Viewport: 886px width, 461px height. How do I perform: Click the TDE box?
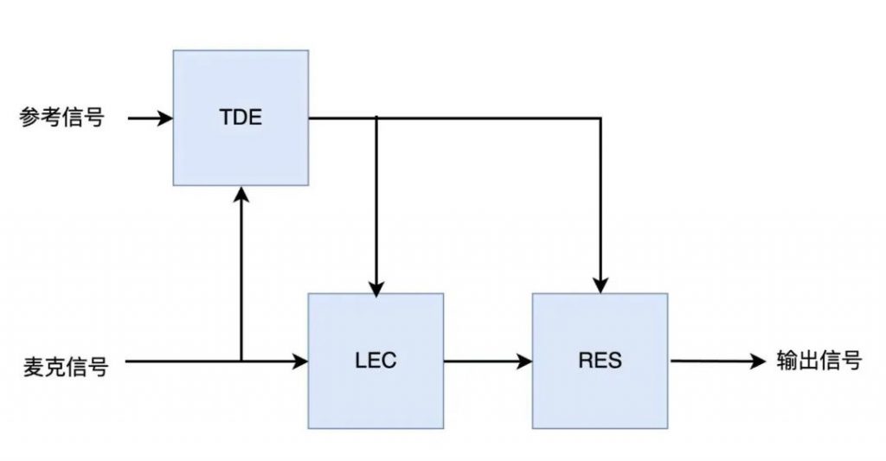(241, 118)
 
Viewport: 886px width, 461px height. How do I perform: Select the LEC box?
(376, 361)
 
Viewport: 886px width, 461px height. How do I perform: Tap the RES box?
(600, 361)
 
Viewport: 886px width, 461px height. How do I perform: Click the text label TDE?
(241, 117)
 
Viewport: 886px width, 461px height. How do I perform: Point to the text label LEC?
(376, 361)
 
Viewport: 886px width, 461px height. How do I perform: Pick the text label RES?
(600, 361)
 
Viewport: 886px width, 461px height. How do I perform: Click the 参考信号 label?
(62, 118)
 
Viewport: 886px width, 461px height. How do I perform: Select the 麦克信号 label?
(66, 366)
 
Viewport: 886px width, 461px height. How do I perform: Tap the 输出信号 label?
(819, 361)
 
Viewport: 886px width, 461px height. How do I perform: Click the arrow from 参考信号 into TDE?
(151, 118)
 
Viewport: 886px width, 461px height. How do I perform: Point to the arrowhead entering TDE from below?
(241, 194)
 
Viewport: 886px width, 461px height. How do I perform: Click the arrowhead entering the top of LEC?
(376, 287)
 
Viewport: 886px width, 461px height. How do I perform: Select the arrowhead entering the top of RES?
(600, 286)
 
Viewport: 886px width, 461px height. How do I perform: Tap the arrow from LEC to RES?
(488, 361)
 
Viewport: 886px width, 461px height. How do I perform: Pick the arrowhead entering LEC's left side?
(299, 361)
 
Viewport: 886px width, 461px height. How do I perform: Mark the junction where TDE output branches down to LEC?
(376, 118)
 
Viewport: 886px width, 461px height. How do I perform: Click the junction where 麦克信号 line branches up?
(241, 361)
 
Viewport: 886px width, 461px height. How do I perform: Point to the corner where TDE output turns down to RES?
(600, 118)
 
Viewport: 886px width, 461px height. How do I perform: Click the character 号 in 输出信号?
(852, 361)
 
